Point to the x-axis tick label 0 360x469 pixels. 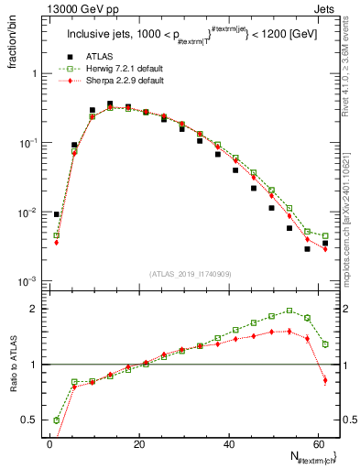coord(49,445)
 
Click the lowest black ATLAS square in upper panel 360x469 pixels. coord(308,248)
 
